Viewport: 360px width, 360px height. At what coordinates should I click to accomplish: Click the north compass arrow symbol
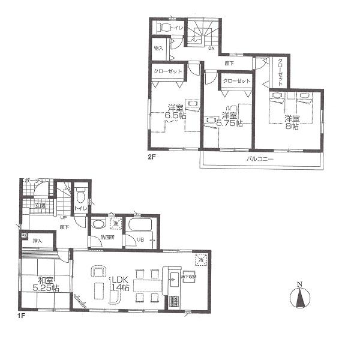(298, 296)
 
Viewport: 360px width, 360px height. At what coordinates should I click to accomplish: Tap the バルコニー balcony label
(260, 159)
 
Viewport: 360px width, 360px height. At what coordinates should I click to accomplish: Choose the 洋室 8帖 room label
(292, 122)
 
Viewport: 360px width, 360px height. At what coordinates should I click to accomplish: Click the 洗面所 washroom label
(108, 238)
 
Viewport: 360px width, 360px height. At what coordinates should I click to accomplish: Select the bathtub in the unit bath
(140, 225)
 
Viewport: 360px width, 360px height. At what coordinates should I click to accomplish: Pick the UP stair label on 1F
(62, 218)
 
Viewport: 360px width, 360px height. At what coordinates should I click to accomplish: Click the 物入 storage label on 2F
(159, 49)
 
